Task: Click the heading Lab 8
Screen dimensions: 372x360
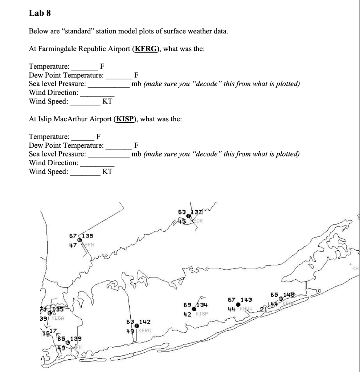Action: (40, 14)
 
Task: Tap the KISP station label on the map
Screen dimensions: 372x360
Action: (202, 313)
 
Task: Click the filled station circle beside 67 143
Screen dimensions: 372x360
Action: (238, 304)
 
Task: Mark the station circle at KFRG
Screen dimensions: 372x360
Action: (136, 326)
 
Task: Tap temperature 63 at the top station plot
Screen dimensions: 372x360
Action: (182, 212)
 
